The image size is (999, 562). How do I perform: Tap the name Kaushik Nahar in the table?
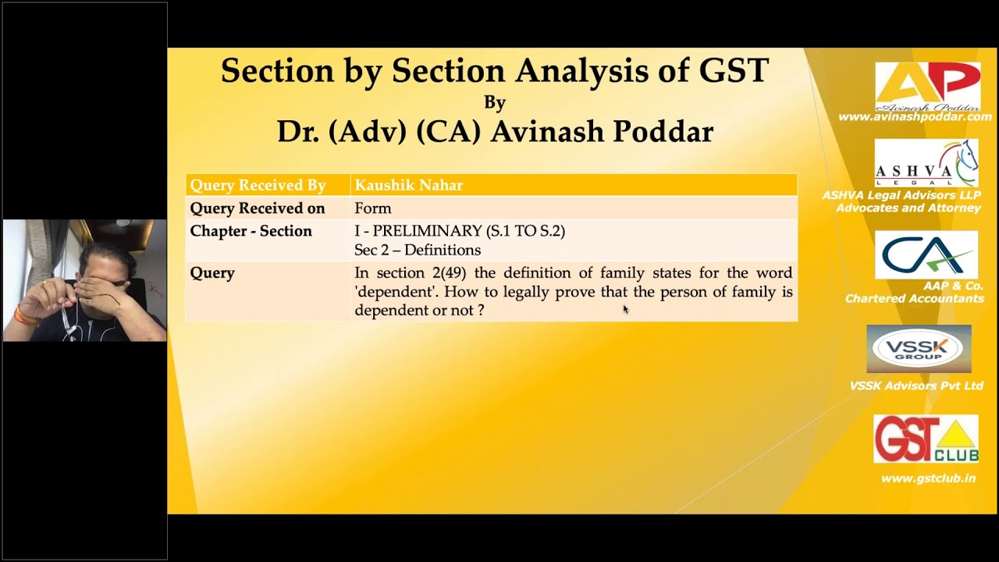[408, 185]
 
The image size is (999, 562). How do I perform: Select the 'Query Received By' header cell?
[258, 185]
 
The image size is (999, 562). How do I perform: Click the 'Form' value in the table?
[372, 208]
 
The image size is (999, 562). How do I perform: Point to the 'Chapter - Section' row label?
[251, 231]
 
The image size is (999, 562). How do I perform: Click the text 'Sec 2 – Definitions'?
[417, 251]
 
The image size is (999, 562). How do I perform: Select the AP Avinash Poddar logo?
[927, 86]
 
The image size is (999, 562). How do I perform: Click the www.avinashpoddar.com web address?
[915, 117]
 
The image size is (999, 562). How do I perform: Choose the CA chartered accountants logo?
[926, 254]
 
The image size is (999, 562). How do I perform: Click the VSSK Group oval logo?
[919, 348]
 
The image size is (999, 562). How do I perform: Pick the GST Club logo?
[926, 439]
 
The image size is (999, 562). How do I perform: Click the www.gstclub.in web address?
[928, 478]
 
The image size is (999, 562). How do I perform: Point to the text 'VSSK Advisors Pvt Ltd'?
[916, 386]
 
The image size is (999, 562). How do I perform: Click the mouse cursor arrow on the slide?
[625, 309]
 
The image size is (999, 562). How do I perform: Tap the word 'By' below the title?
[495, 102]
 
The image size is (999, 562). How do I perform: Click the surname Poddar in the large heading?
[663, 132]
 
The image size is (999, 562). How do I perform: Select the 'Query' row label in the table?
[212, 273]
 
